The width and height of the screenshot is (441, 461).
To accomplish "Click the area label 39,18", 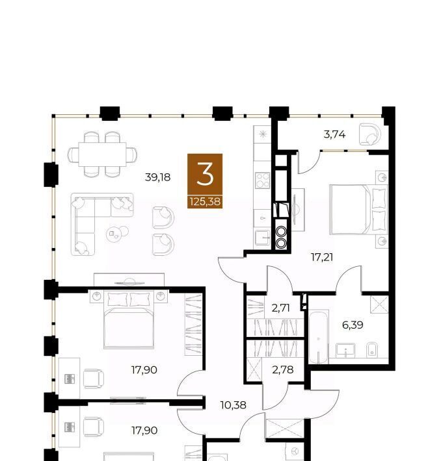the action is coord(158,177).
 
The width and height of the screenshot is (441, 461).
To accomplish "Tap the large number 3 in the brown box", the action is coord(205,175).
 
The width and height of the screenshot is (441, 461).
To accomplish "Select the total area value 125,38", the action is coord(205,202).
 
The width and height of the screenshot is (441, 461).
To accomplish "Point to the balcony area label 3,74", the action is coord(334,134).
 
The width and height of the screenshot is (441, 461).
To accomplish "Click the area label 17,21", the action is coord(322,257).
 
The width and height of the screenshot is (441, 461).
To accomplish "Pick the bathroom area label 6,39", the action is coord(353,325).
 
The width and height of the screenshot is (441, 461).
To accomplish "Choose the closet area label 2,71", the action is coord(281,308).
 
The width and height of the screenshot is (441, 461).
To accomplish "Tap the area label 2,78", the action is coord(283,369).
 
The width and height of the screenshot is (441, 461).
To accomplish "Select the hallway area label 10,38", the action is coord(233,405).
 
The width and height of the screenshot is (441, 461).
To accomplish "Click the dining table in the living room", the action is coord(102,155).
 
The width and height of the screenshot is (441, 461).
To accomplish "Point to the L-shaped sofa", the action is coord(101,224).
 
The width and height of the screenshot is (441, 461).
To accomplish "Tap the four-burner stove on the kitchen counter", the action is coord(262,181).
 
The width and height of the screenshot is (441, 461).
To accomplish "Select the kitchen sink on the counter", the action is coord(262,238).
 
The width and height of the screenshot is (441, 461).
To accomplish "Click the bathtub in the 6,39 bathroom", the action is coord(319,336).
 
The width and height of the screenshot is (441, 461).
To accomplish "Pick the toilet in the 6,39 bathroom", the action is coord(372,349).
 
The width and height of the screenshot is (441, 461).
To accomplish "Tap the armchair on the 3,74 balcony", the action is coord(369,134).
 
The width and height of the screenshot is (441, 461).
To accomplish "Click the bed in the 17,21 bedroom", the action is coord(358,210).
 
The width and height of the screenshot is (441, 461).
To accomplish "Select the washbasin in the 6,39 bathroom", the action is coord(345,351).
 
